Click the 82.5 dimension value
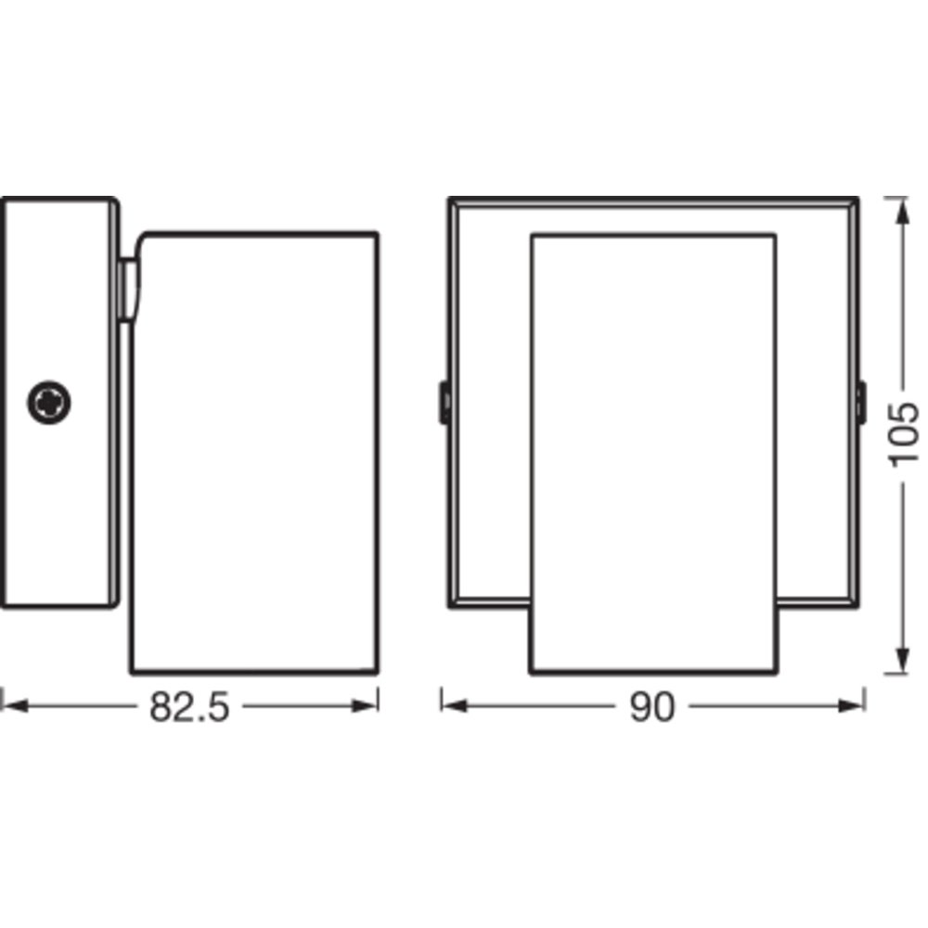click(188, 707)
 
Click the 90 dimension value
click(652, 707)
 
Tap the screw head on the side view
click(49, 403)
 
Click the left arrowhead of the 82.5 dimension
click(14, 706)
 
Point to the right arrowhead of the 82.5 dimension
click(365, 706)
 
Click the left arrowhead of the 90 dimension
click(455, 706)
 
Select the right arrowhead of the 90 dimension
click(852, 706)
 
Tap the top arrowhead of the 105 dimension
click(902, 211)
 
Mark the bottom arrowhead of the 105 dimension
click(902, 660)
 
